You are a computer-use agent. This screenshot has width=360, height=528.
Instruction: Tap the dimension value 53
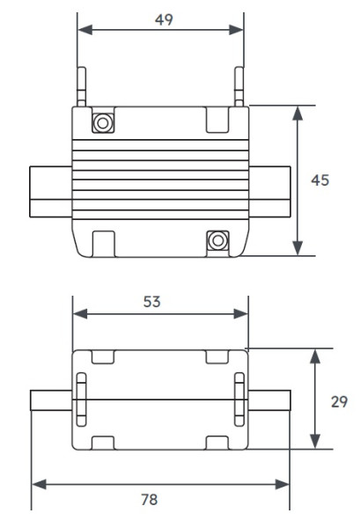pos(159,301)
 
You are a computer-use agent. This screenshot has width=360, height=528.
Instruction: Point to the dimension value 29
pos(339,400)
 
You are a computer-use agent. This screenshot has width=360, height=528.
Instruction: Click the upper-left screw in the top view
pos(103,122)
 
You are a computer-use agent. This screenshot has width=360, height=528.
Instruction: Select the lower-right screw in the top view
pos(217,239)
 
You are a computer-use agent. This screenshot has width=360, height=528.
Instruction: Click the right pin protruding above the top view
pos(238,88)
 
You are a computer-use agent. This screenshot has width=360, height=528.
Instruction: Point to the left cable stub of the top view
pos(50,192)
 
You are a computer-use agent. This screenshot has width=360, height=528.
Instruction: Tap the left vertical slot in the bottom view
pos(81,400)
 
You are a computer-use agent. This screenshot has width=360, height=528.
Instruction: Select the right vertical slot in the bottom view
pos(238,400)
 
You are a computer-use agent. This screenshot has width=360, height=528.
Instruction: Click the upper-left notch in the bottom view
pos(103,356)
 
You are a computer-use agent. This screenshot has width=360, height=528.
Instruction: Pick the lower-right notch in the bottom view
pos(217,442)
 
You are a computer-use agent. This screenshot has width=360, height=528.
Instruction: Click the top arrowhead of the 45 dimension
pos(299,112)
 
